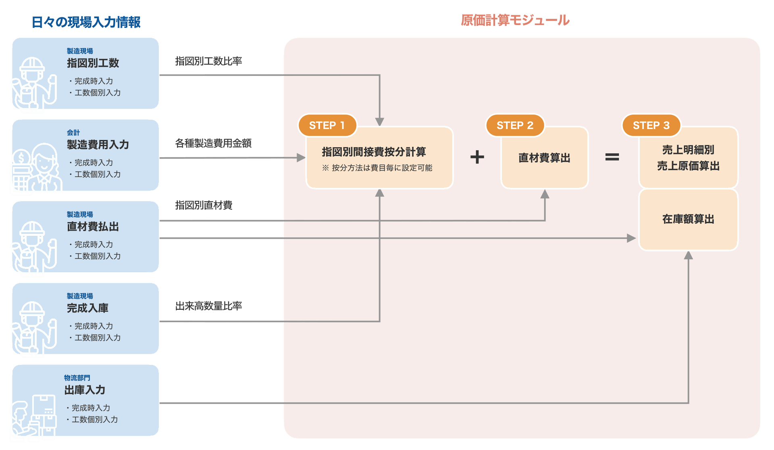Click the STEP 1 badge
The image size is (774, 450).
pyautogui.click(x=327, y=125)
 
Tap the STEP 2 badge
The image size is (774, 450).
pyautogui.click(x=515, y=125)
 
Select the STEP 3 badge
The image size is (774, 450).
pyautogui.click(x=651, y=125)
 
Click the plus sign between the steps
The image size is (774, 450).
pyautogui.click(x=477, y=157)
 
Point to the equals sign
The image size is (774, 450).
pyautogui.click(x=612, y=157)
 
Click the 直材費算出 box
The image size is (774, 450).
pyautogui.click(x=545, y=158)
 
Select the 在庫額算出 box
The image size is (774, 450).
pyautogui.click(x=689, y=219)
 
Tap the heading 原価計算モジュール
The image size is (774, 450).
pyautogui.click(x=515, y=20)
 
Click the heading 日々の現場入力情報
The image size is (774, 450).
pyautogui.click(x=86, y=22)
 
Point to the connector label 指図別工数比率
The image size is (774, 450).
pyautogui.click(x=208, y=61)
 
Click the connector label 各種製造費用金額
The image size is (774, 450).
pyautogui.click(x=213, y=143)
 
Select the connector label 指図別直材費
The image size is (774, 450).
pyautogui.click(x=204, y=205)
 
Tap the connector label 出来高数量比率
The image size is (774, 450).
pyautogui.click(x=208, y=306)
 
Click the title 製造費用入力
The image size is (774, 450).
pyautogui.click(x=98, y=145)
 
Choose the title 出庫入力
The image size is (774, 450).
pyautogui.click(x=85, y=390)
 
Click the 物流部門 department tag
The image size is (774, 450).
pyautogui.click(x=77, y=378)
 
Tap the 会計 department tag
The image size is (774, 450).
pyautogui.click(x=73, y=133)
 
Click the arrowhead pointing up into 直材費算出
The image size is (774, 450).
pyautogui.click(x=545, y=194)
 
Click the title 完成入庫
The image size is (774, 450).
pyautogui.click(x=88, y=308)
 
